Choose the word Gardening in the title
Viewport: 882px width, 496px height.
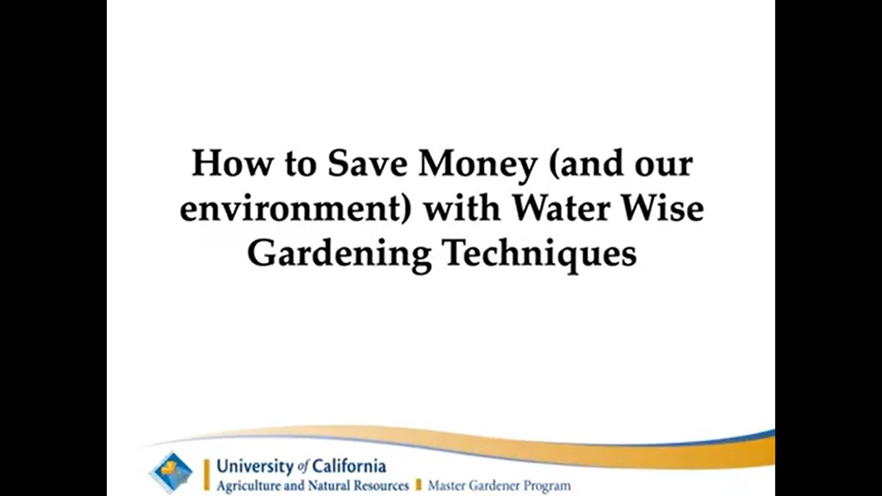pos(339,254)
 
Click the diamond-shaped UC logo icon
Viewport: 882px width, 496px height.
pos(171,473)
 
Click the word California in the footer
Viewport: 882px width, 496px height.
pos(348,466)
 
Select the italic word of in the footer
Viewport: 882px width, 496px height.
pos(301,467)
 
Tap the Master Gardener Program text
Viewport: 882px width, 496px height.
pos(499,486)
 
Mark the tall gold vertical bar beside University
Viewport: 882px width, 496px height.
pos(206,475)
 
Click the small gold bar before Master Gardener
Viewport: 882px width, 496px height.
pos(418,486)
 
